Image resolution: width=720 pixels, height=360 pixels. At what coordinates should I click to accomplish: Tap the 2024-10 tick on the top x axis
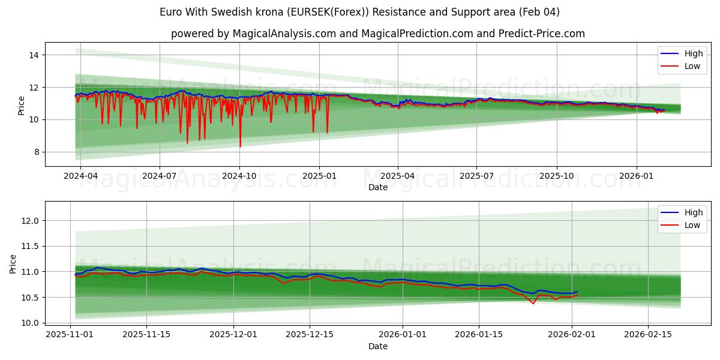pos(239,176)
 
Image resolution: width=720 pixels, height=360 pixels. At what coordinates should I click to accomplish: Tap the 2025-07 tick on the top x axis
pos(476,176)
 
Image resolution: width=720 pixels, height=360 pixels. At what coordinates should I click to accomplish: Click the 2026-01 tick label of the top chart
pos(636,176)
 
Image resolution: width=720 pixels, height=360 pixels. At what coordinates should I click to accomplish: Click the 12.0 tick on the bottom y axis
pos(30,221)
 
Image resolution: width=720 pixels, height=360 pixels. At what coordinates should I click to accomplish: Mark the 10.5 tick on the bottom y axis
pos(30,298)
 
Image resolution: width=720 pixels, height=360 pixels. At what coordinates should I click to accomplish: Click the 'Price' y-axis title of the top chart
pos(22,106)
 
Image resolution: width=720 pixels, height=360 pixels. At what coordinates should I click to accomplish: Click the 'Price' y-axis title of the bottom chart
pos(13,264)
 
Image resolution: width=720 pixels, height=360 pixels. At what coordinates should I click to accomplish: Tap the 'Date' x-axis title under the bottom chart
pos(377,346)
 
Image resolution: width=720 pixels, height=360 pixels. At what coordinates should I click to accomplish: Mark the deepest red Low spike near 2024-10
pos(241,146)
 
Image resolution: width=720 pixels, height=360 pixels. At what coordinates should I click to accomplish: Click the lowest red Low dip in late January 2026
pos(533,304)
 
